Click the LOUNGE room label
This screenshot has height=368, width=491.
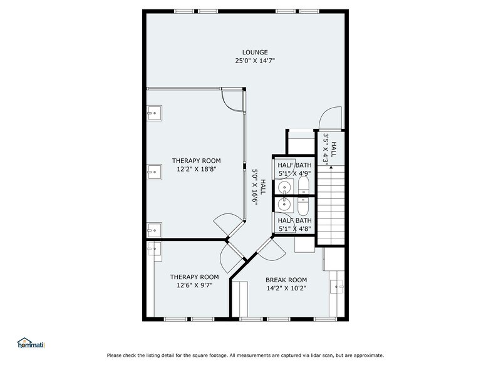(x=255, y=52)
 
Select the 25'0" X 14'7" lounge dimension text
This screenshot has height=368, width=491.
(x=255, y=61)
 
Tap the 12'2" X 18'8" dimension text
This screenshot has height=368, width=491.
(x=197, y=170)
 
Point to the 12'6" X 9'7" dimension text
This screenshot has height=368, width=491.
(x=195, y=286)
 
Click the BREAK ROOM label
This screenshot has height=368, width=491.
(x=286, y=280)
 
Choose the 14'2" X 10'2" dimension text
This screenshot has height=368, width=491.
(x=286, y=289)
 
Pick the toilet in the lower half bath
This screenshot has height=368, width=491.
(x=304, y=206)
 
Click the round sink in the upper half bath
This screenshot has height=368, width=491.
(x=284, y=187)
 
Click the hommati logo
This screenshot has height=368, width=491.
(x=31, y=343)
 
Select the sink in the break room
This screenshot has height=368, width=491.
(x=338, y=287)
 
